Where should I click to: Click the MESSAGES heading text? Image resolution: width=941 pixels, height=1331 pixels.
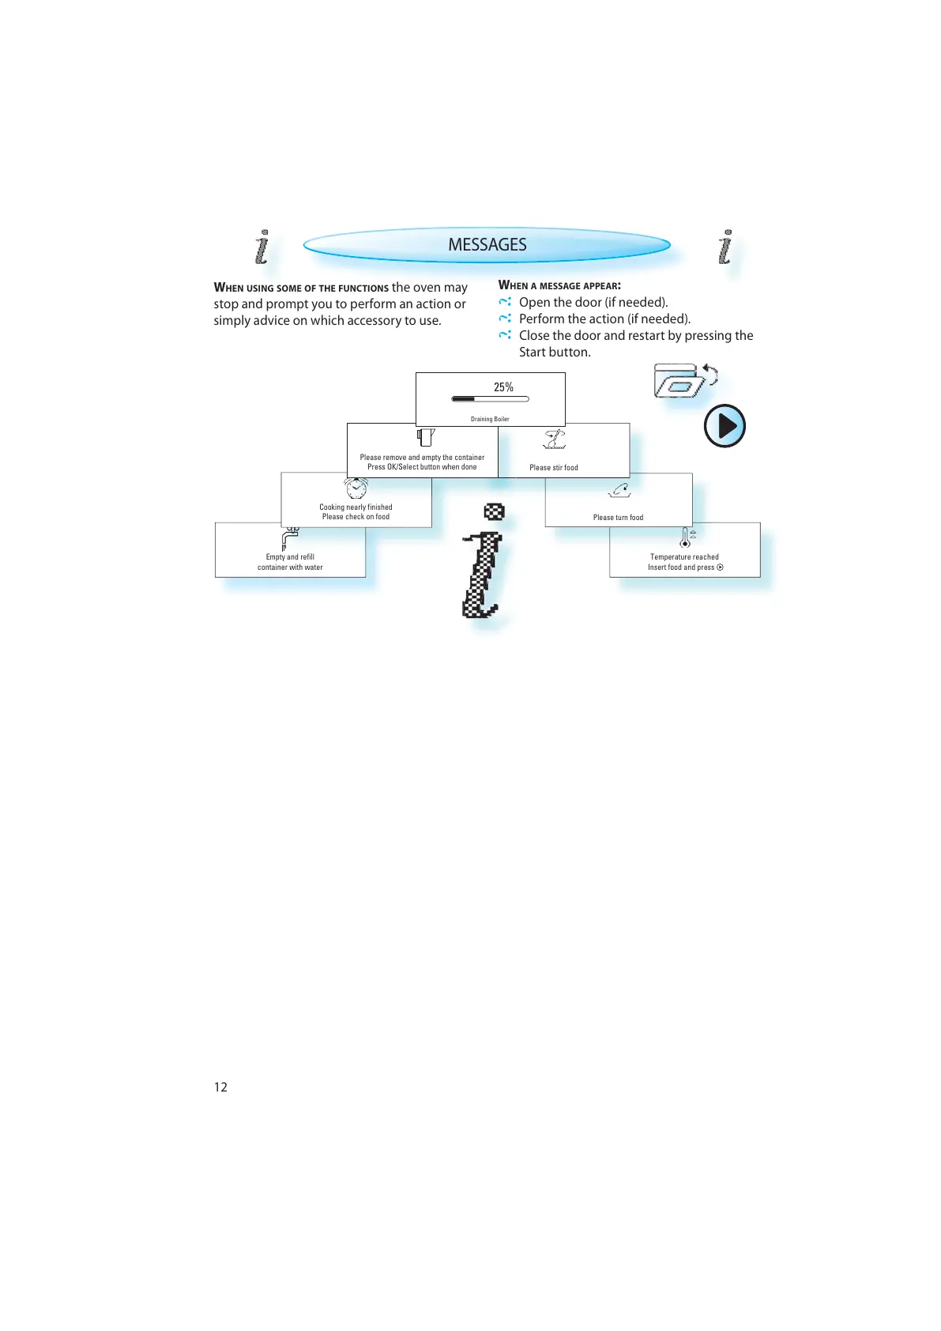pos(487,245)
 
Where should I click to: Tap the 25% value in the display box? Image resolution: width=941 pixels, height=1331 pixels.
pos(503,387)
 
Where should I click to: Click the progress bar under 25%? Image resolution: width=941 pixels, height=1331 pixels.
pos(490,399)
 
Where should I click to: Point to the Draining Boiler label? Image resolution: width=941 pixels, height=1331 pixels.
pos(490,419)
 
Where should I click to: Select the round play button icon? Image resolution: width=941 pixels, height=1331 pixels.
pos(725,426)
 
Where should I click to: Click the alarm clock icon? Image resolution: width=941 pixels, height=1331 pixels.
pos(356,488)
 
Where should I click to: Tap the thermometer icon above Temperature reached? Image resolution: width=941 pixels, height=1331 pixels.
pos(685,537)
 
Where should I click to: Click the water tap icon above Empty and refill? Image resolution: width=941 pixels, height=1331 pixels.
pos(290,538)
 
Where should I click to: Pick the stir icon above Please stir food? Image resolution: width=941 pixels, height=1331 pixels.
pos(555,439)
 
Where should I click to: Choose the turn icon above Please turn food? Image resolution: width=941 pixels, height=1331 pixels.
pos(619,491)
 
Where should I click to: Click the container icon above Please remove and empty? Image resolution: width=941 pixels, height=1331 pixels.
pos(426,437)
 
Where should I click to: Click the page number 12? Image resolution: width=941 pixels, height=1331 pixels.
pos(220,1087)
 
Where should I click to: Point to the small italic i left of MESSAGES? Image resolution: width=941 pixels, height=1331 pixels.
pos(262,247)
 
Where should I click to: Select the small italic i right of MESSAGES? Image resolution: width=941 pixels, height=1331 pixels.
pos(725,247)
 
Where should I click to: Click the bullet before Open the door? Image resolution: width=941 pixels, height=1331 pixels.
pos(505,302)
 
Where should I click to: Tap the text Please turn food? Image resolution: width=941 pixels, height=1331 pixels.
pos(618,518)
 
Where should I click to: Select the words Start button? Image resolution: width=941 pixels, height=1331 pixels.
pos(554,353)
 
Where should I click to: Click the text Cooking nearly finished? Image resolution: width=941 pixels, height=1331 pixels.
pos(356,507)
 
